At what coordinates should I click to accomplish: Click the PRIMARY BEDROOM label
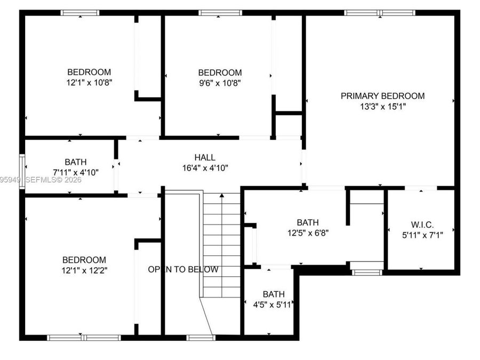[382, 96]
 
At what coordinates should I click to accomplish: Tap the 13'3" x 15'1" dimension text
[382, 107]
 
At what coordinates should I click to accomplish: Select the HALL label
[205, 157]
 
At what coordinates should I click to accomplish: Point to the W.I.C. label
[422, 225]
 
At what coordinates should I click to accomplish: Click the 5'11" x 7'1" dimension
[422, 235]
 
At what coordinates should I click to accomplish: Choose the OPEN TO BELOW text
[183, 269]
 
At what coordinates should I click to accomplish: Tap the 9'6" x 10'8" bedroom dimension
[220, 83]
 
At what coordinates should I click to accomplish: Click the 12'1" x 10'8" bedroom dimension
[89, 82]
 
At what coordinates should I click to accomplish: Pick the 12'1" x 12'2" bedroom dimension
[84, 270]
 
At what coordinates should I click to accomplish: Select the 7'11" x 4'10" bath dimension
[76, 172]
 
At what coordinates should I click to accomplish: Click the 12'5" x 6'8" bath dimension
[308, 233]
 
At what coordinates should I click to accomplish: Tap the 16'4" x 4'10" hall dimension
[205, 168]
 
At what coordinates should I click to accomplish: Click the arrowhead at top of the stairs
[222, 195]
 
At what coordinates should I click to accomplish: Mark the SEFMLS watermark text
[53, 180]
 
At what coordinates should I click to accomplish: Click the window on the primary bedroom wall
[380, 13]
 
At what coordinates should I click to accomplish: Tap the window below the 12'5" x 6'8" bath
[367, 273]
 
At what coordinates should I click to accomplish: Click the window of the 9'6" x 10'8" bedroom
[220, 13]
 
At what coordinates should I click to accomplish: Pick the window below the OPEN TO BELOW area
[201, 338]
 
